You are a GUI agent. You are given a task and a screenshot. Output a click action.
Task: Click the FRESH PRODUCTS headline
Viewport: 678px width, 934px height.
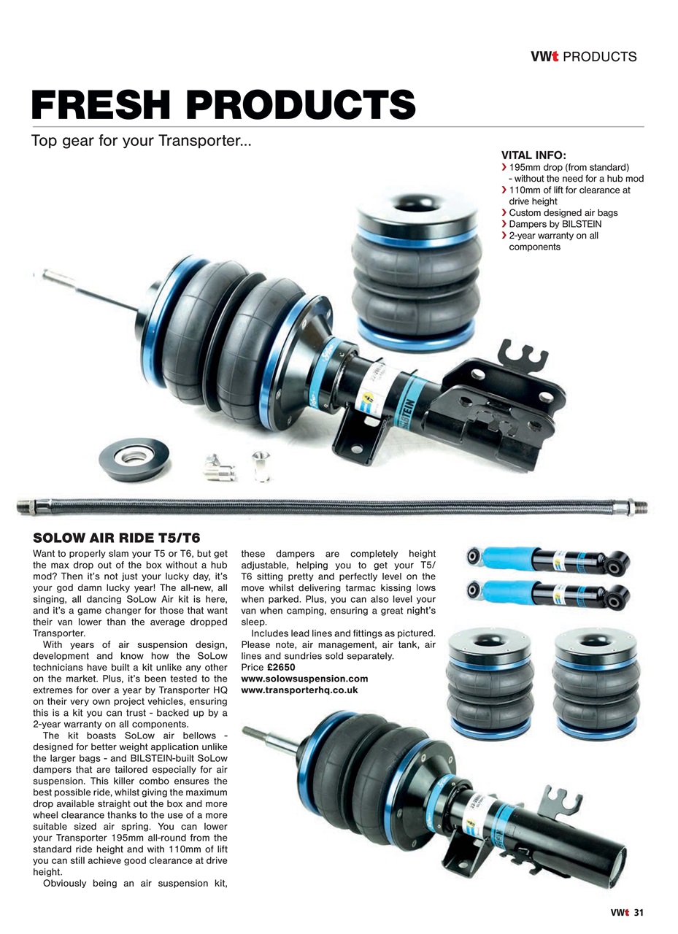(223, 105)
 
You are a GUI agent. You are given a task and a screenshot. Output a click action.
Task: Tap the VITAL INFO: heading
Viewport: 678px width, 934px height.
(533, 155)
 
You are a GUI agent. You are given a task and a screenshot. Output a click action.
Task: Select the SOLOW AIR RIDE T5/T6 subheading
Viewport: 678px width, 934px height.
(117, 538)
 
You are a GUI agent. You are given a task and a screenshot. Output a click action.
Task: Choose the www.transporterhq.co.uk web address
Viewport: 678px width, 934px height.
(299, 690)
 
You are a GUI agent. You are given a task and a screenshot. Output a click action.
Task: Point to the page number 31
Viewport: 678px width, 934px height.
(639, 912)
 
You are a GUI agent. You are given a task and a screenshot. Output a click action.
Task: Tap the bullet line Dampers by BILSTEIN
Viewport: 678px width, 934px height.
(555, 224)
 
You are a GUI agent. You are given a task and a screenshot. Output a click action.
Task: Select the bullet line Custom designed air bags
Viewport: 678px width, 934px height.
(563, 213)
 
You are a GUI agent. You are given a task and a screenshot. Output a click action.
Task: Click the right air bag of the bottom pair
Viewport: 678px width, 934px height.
(591, 680)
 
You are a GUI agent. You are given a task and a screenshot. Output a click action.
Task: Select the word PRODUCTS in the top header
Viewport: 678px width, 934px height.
(600, 56)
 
